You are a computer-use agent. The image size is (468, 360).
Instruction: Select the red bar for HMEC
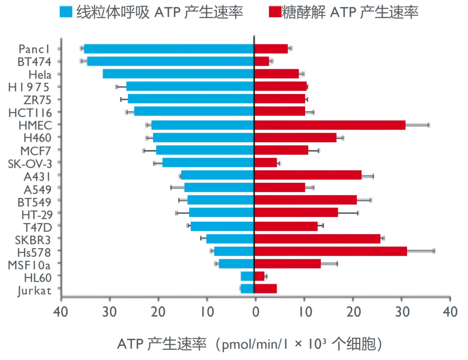pos(329,125)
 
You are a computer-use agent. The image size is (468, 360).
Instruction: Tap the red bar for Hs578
pos(330,251)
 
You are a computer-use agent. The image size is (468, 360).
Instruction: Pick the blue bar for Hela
pos(178,74)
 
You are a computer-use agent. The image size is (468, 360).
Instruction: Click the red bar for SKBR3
pos(317,239)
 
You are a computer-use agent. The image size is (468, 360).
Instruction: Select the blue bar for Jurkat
pos(247,289)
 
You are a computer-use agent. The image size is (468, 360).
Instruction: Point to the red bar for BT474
pos(261,62)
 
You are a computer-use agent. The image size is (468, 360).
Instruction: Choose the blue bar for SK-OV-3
pos(208,163)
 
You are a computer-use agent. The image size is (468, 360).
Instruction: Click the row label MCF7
pos(36,151)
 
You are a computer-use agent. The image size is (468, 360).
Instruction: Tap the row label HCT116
pos(30,113)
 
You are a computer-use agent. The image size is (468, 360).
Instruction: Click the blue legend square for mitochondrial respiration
pos(66,12)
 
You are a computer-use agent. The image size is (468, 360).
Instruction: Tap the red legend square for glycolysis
pos(276,12)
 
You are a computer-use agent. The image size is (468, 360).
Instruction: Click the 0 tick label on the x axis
pos(255,312)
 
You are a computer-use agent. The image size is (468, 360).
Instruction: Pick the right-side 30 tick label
pos(402,312)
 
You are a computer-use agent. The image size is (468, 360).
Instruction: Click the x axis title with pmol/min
pos(250,344)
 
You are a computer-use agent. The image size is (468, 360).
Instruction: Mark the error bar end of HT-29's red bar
pos(358,213)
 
